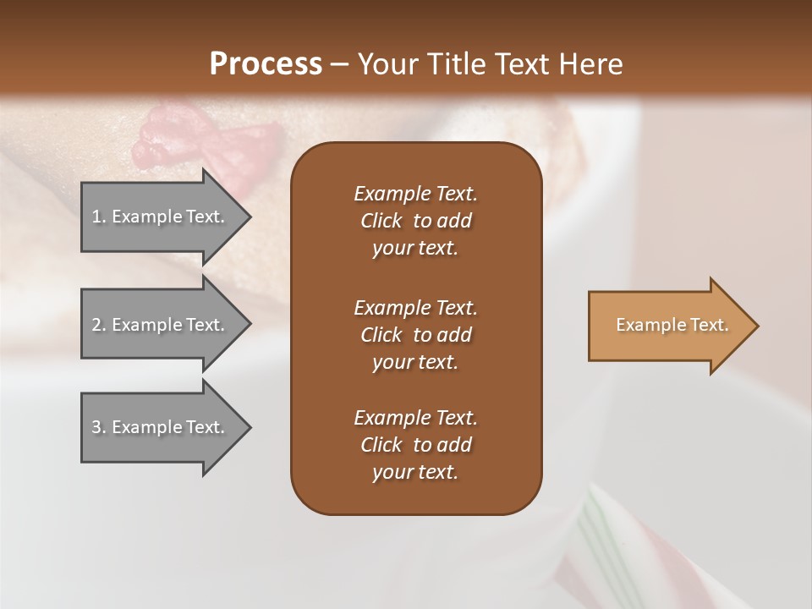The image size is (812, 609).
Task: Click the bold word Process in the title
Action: click(x=266, y=64)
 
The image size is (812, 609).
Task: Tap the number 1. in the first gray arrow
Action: click(x=98, y=217)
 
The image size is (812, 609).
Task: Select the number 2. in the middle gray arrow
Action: click(x=98, y=325)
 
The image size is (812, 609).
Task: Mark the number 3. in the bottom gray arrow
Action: click(x=98, y=427)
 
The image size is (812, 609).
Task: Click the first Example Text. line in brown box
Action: click(x=415, y=194)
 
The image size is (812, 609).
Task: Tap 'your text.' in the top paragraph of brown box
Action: click(x=415, y=249)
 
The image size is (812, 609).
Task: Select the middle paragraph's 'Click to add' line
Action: click(x=415, y=335)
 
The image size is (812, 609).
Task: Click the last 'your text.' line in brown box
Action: click(x=415, y=473)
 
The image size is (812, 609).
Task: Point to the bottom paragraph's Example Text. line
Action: click(x=415, y=418)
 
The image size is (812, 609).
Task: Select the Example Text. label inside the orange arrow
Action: click(x=672, y=325)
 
